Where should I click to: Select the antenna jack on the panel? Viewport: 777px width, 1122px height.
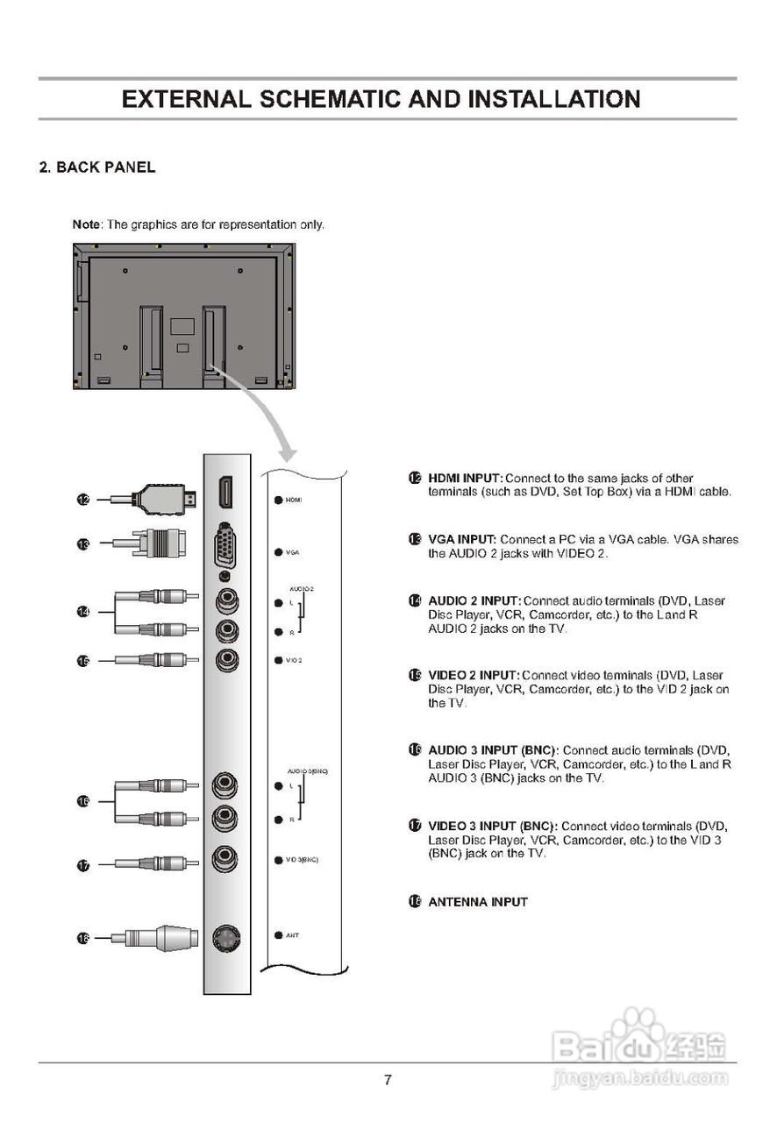pos(227,939)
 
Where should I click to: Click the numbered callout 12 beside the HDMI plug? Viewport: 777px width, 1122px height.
pos(83,500)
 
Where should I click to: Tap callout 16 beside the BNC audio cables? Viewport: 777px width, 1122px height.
pos(83,801)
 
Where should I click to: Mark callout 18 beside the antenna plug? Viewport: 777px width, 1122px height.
pos(83,939)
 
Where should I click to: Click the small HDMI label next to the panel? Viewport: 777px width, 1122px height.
pos(293,500)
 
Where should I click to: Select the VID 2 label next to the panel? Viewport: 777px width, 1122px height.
pos(293,659)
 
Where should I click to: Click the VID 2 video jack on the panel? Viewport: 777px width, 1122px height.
pos(227,659)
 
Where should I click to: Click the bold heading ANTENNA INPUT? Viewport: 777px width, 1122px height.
pos(477,902)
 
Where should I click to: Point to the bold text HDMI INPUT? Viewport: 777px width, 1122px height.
pos(465,479)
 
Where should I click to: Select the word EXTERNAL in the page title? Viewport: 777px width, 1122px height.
pos(185,99)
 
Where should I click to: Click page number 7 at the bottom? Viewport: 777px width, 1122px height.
pos(388,1080)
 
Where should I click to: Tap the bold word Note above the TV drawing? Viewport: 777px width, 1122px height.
pos(86,224)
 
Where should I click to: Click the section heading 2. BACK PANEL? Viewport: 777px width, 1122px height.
pos(97,167)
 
